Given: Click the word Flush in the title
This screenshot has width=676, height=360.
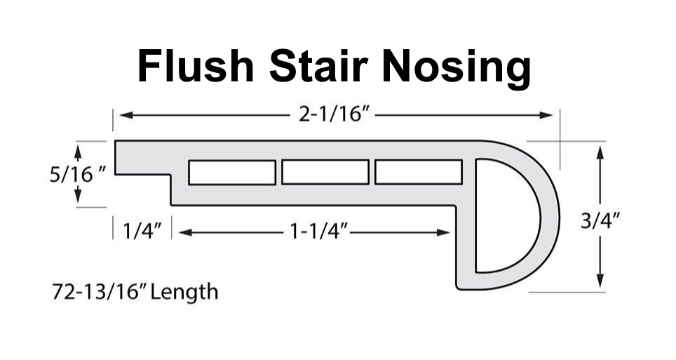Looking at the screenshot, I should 197,67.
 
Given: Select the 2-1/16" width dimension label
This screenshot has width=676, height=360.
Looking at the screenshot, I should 334,114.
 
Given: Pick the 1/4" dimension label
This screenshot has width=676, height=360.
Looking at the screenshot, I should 143,231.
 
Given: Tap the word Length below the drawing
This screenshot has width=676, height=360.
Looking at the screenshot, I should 183,291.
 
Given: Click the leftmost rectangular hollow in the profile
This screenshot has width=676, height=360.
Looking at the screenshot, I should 231,173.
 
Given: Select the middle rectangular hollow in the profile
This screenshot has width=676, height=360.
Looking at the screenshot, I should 325,172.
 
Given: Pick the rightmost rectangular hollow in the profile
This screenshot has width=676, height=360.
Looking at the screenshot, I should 419,172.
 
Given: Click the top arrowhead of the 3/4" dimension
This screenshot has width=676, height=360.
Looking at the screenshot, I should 600,149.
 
